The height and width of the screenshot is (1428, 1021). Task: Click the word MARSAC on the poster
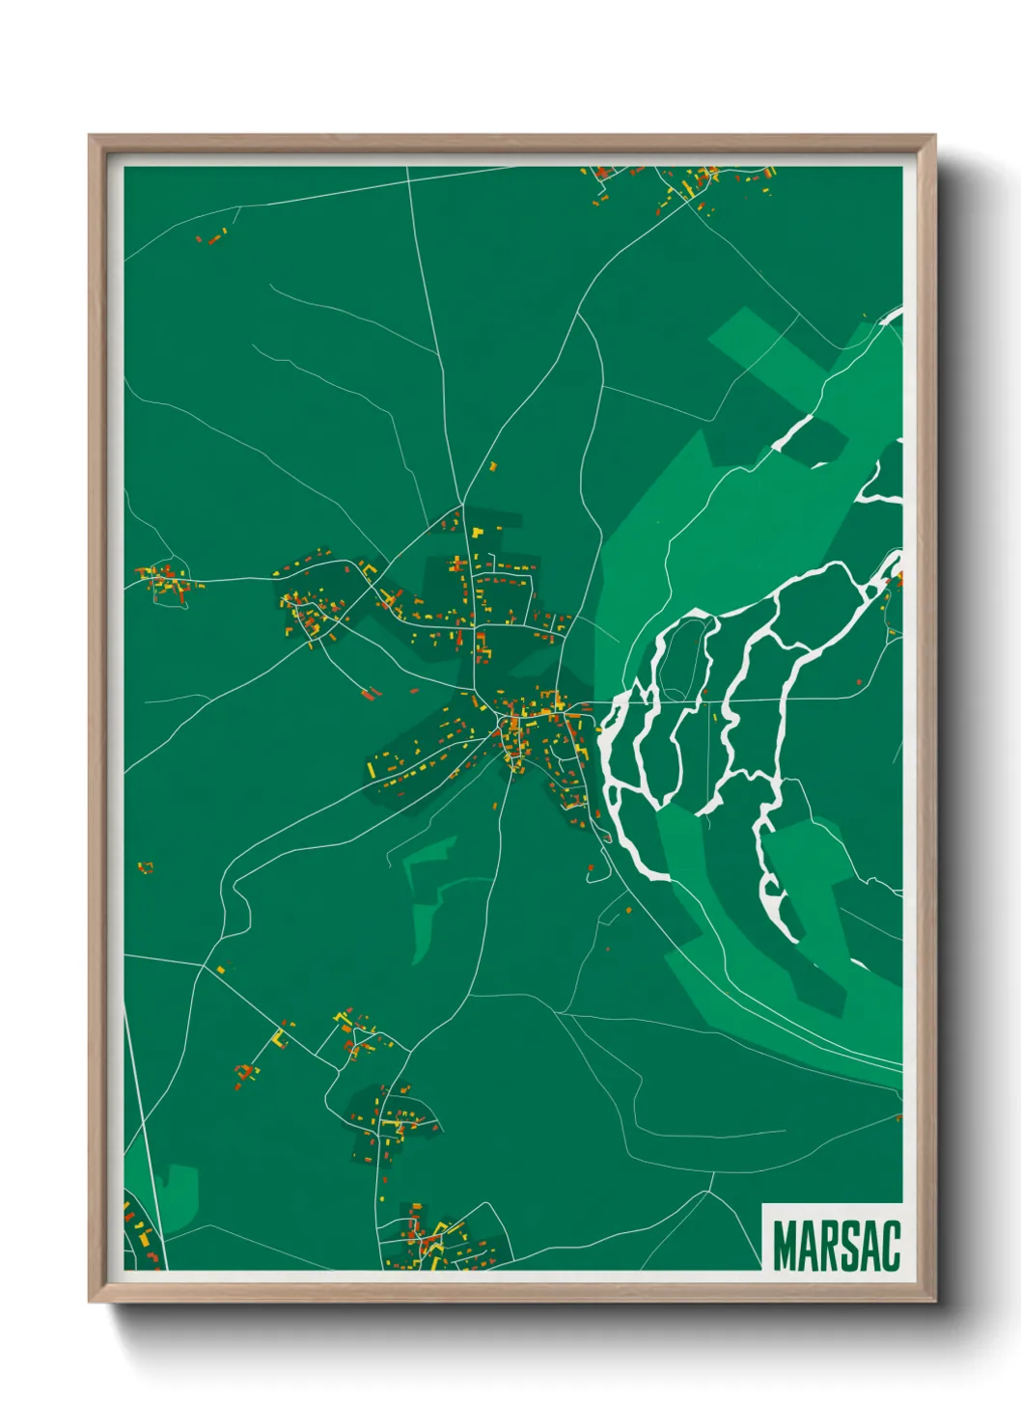click(x=836, y=1246)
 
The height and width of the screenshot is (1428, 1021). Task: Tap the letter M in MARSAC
click(x=786, y=1246)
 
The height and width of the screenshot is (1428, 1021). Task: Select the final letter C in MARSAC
click(x=890, y=1246)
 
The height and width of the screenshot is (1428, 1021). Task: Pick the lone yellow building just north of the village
click(x=492, y=467)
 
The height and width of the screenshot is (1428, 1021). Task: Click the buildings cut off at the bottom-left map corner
click(x=141, y=1235)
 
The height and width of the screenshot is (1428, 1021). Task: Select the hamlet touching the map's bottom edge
click(x=434, y=1240)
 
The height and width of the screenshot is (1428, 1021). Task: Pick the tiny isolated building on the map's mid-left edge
click(x=145, y=867)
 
